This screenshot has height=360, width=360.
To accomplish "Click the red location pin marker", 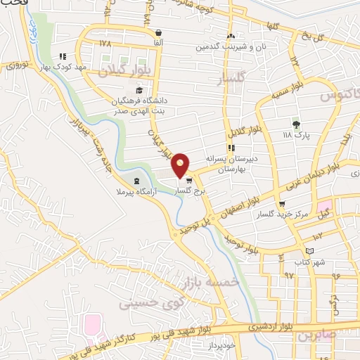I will [181, 165].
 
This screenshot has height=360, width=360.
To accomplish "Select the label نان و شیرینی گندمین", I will [231, 46].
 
